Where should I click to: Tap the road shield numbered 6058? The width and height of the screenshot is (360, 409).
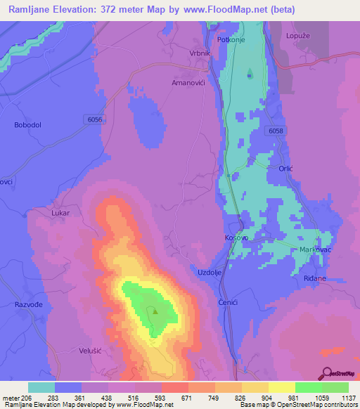(x=276, y=131)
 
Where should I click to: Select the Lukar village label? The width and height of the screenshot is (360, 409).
(x=62, y=212)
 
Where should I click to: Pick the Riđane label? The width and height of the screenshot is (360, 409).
(x=314, y=279)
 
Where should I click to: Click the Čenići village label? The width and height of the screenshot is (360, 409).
(x=225, y=301)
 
